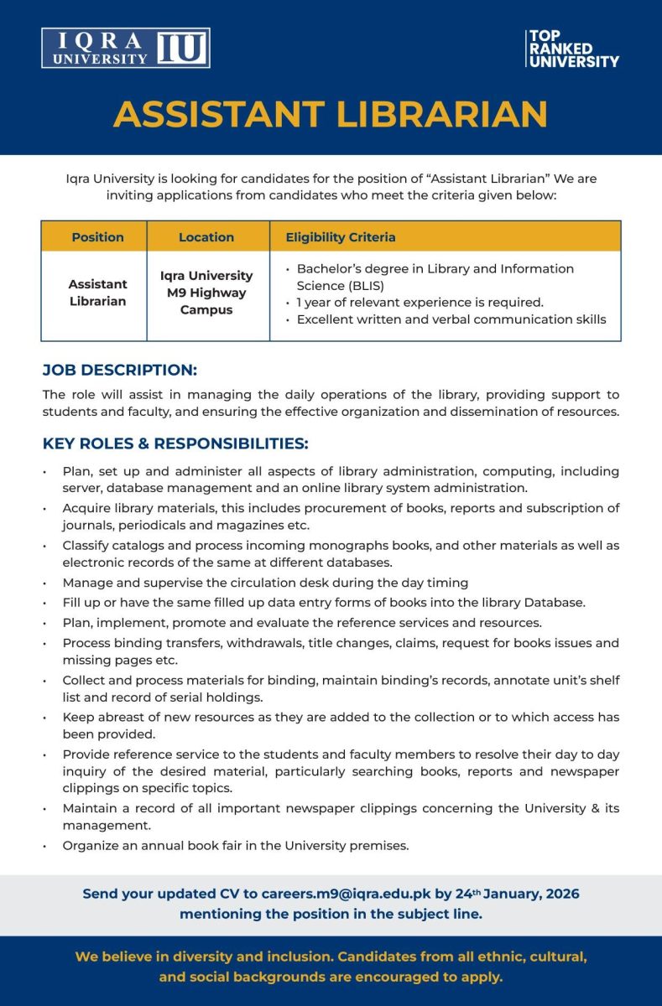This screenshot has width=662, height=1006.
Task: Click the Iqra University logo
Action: click(x=125, y=48)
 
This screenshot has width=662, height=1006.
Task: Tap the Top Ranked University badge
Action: click(x=572, y=49)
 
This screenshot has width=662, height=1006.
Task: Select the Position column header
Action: click(x=97, y=237)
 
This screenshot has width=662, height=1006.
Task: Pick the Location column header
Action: click(x=206, y=237)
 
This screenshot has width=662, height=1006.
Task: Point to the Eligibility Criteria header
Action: click(x=341, y=237)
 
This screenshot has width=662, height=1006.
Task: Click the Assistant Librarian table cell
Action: click(x=97, y=293)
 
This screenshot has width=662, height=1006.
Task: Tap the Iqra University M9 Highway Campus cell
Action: click(x=206, y=293)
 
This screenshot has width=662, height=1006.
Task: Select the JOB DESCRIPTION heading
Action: click(x=120, y=370)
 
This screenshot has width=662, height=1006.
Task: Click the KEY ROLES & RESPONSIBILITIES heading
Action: click(x=175, y=443)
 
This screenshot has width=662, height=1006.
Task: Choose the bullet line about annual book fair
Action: click(x=236, y=845)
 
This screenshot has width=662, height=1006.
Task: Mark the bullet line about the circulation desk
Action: click(x=265, y=582)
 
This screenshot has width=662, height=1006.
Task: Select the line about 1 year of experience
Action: click(x=420, y=303)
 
